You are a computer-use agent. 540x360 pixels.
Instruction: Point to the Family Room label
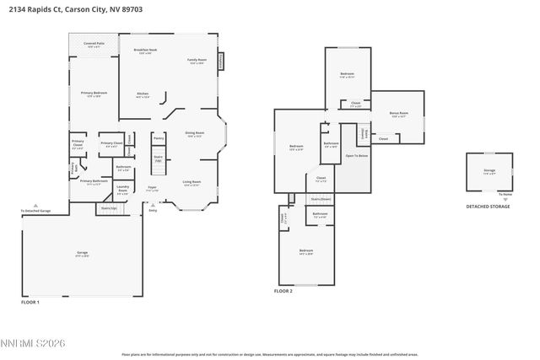pos(197,61)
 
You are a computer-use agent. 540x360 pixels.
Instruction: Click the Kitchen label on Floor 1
pos(143,94)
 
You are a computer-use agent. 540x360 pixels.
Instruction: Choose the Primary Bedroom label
pos(94,94)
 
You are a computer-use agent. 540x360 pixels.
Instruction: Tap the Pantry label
pos(158,138)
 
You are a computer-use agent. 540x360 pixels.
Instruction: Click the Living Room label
pos(192,181)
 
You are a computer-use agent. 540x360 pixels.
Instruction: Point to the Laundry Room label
pos(122,189)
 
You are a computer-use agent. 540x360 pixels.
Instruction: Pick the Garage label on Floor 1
pos(83,252)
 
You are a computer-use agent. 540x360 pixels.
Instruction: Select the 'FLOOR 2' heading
pos(283,290)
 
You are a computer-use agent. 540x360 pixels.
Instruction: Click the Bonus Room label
pos(398,113)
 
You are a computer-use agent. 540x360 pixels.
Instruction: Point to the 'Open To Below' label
pos(357,156)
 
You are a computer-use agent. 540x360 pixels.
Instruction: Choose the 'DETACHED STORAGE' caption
pos(488,207)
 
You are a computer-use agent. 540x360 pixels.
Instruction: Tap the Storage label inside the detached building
pos(489,171)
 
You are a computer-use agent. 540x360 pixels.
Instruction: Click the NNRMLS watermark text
pos(34,342)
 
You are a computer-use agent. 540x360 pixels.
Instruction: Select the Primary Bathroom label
pos(94,181)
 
